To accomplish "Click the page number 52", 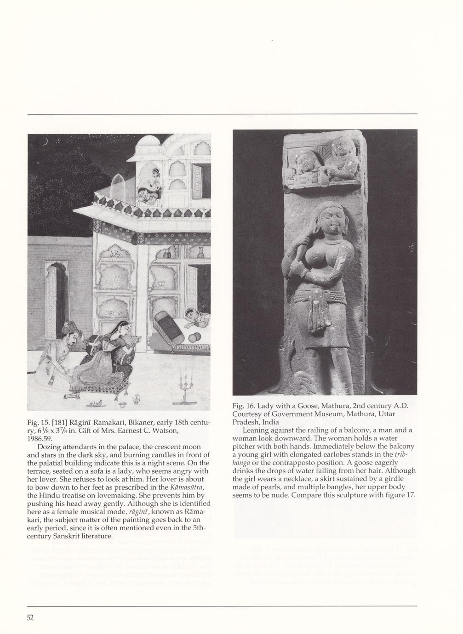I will pyautogui.click(x=30, y=617).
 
